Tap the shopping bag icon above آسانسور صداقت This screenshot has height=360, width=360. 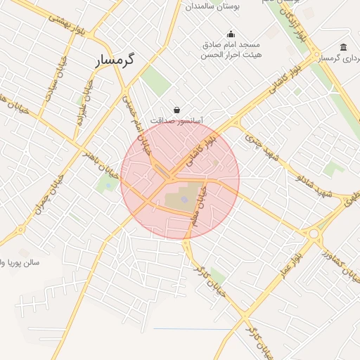pyautogui.click(x=176, y=110)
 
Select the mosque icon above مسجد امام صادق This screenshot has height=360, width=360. pyautogui.click(x=231, y=34)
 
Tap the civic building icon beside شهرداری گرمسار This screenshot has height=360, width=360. pyautogui.click(x=343, y=47)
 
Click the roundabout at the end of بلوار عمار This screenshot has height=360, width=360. pyautogui.click(x=314, y=233)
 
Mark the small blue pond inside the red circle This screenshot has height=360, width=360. pyautogui.click(x=184, y=200)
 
